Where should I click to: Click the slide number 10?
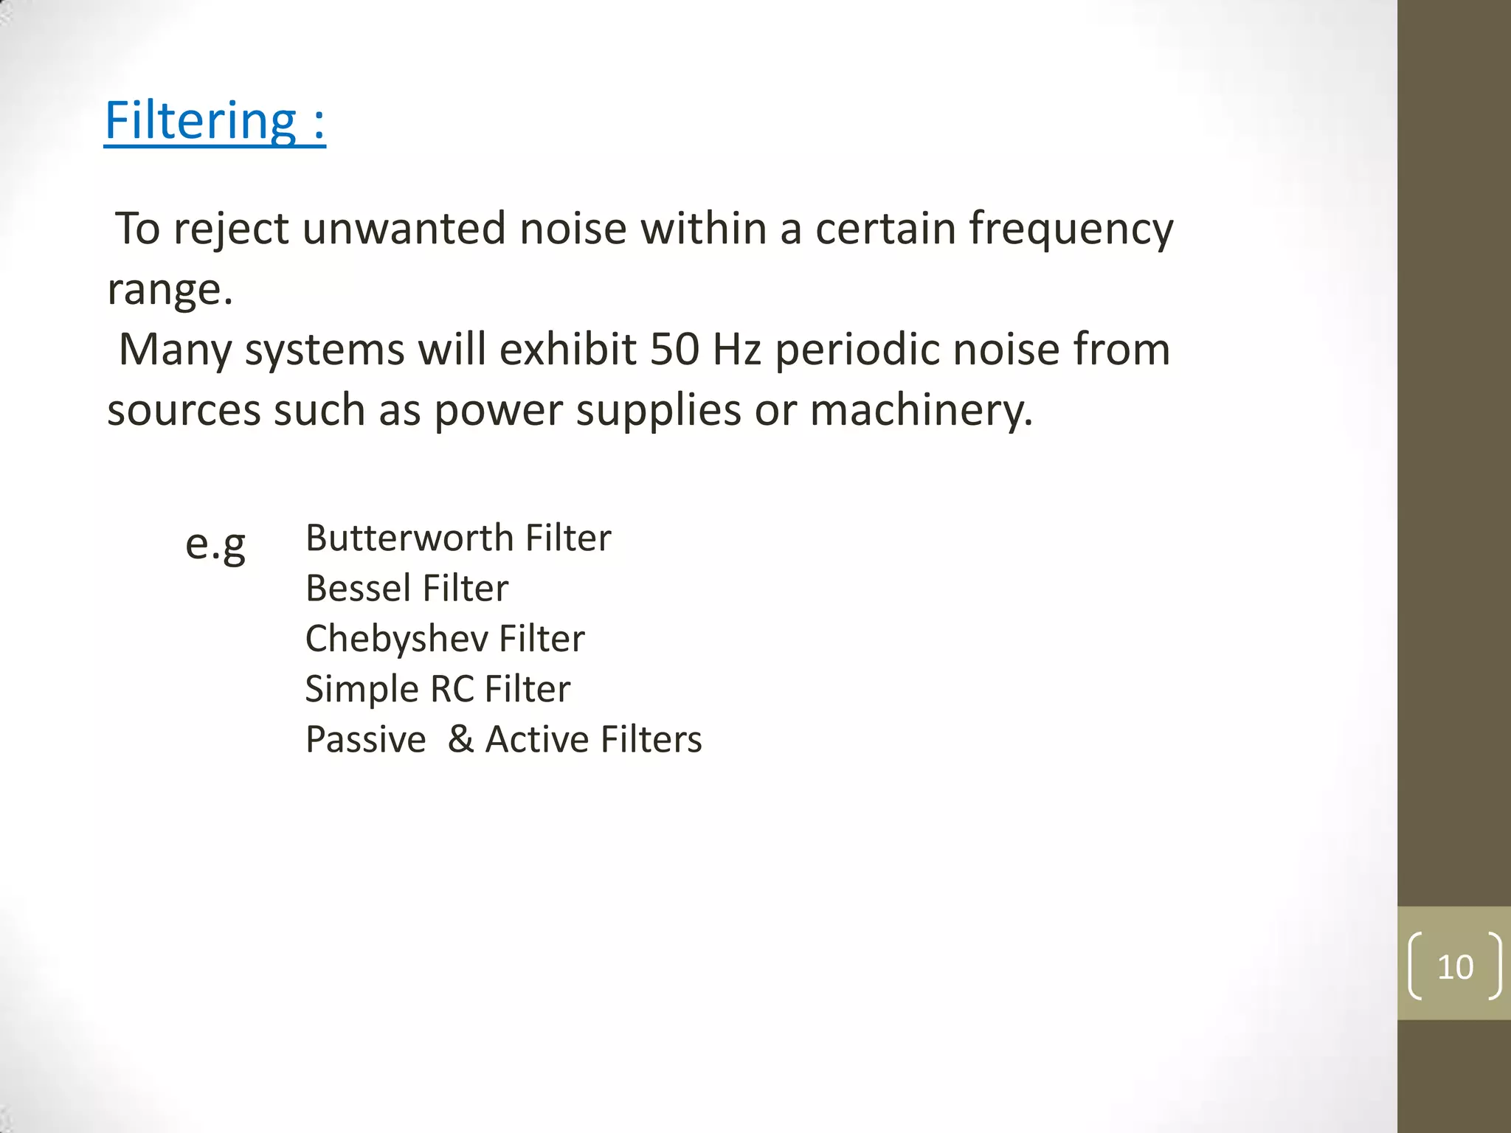click(x=1455, y=967)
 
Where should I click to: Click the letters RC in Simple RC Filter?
click(x=452, y=689)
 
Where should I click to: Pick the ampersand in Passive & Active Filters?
click(x=460, y=739)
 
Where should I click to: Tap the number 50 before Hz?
click(x=674, y=349)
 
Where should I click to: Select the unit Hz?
click(x=736, y=349)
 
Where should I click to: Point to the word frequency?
click(x=1071, y=229)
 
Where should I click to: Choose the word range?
click(x=170, y=290)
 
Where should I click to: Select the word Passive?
click(x=366, y=739)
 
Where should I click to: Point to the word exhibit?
click(x=568, y=349)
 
